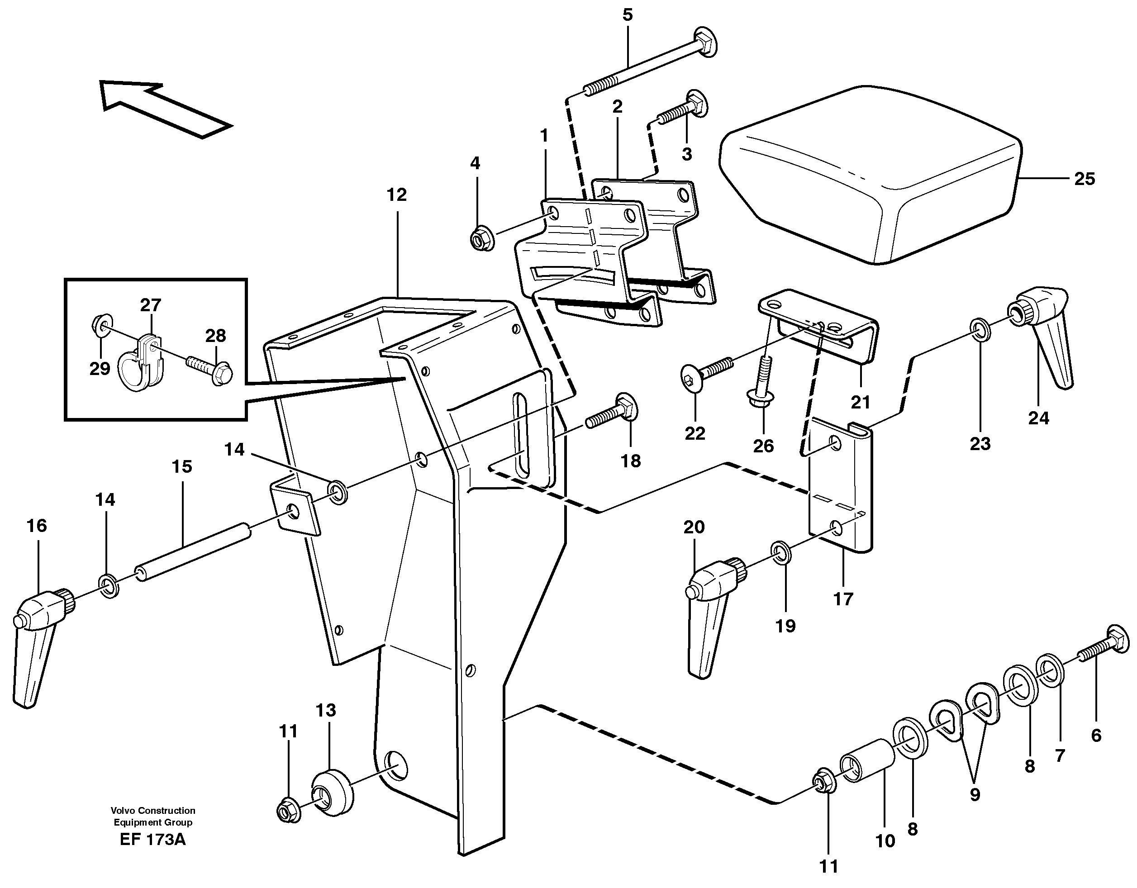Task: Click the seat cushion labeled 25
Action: click(x=870, y=177)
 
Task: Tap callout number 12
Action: click(x=396, y=195)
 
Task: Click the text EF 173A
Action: click(x=152, y=840)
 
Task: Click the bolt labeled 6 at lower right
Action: click(x=1104, y=646)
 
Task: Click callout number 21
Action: click(x=860, y=402)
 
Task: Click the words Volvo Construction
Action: click(x=152, y=811)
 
